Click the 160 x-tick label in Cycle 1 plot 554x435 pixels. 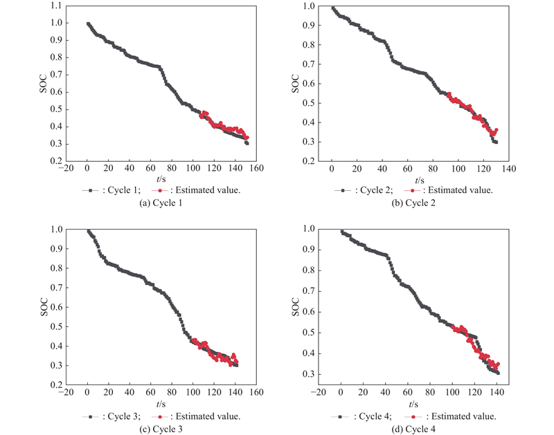256,169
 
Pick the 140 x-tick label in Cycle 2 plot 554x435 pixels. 509,169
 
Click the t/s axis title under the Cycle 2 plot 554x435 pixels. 414,179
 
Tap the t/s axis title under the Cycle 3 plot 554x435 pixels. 161,405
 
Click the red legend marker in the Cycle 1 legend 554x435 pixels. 161,189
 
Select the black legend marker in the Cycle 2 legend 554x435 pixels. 344,189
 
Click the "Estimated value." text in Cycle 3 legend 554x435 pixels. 206,416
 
